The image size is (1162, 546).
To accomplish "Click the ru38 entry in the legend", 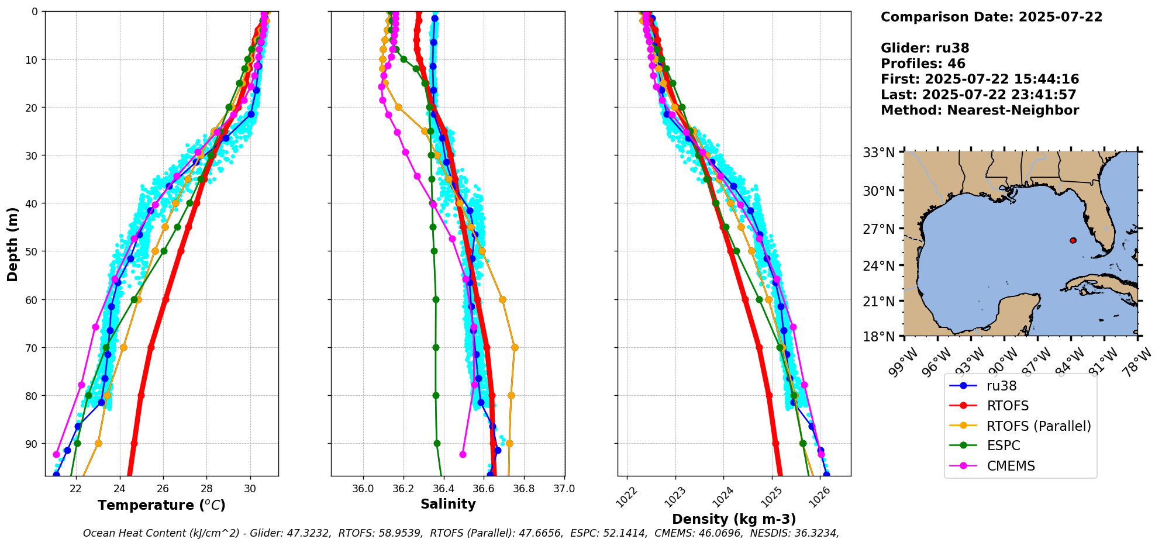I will point(1001,386).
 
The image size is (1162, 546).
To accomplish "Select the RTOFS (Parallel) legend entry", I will point(1038,426).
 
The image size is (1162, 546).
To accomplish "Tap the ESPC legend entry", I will point(1003,446).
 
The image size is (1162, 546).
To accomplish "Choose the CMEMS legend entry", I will point(1011,466).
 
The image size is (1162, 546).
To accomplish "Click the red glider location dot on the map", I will point(1073,240).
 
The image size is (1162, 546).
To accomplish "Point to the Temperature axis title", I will point(161,505).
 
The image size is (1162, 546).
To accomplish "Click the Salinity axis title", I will point(448,504).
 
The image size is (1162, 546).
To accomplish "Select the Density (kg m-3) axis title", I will point(734,519).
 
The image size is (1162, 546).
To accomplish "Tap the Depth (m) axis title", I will point(12,244).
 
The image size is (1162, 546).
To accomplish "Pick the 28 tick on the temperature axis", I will point(206,489).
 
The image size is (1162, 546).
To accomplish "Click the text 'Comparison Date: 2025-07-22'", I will point(991,17).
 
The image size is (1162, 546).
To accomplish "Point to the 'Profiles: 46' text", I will point(923,64).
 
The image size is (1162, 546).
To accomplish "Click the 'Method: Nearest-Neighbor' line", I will point(980,110).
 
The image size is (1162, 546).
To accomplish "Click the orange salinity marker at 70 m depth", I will point(515,347).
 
